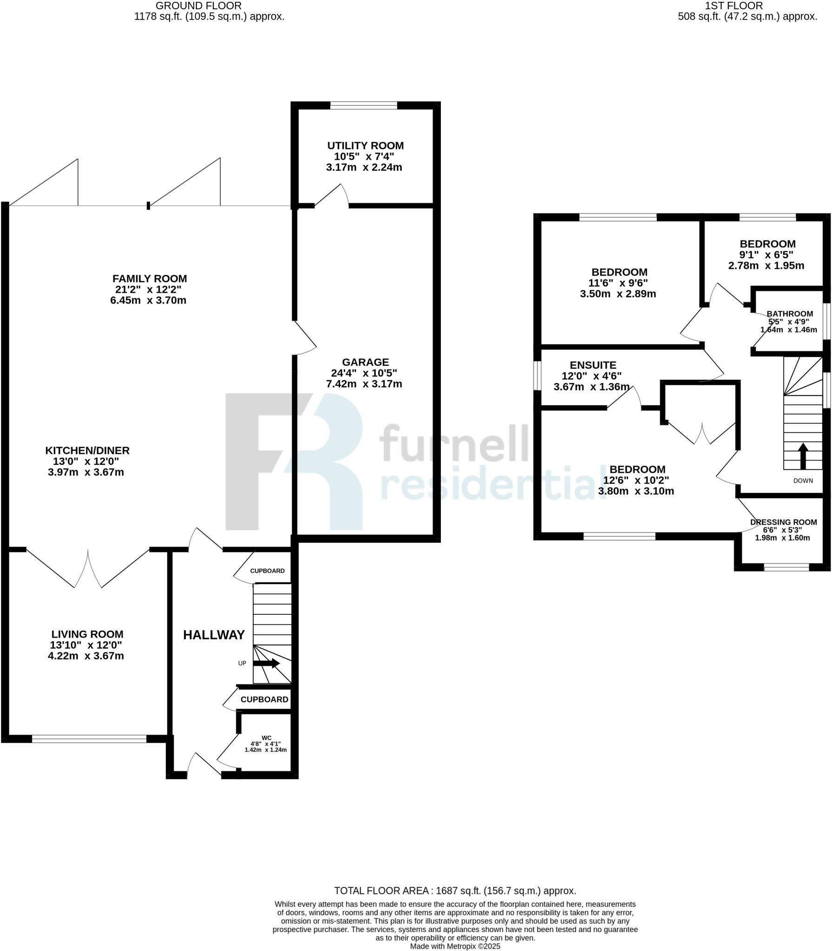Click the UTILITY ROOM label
(x=365, y=146)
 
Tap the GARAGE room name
(x=365, y=362)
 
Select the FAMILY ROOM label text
(x=150, y=279)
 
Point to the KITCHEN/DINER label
(x=87, y=450)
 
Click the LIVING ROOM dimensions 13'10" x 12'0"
(x=86, y=645)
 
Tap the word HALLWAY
(x=214, y=635)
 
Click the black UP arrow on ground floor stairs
(x=267, y=664)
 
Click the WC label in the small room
(x=266, y=738)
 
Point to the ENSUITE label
(x=593, y=365)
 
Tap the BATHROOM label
(x=790, y=314)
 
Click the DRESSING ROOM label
(x=783, y=522)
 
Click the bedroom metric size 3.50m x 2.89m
(x=618, y=294)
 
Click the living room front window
(x=89, y=739)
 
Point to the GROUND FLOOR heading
(x=198, y=6)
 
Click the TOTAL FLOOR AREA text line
(x=455, y=891)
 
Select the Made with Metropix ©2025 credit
(x=455, y=946)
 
